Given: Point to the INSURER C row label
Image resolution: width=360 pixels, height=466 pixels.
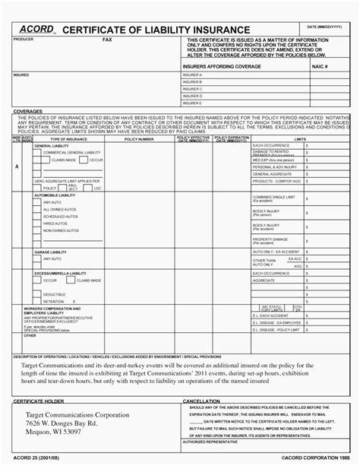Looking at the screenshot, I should (x=193, y=90).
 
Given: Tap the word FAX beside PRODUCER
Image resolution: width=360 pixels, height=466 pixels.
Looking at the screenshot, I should (x=107, y=38).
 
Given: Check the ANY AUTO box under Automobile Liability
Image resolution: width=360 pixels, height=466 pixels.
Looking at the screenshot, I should (x=38, y=203).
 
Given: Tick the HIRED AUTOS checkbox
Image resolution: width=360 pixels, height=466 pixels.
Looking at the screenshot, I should (x=38, y=224).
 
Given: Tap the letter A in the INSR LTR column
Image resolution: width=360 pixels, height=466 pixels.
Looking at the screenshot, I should (x=17, y=166).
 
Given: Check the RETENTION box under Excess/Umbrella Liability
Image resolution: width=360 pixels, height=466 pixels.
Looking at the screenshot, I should (x=38, y=301).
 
